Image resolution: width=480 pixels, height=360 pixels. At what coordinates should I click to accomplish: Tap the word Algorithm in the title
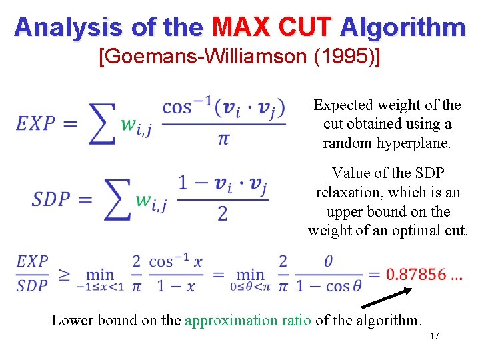point(402,27)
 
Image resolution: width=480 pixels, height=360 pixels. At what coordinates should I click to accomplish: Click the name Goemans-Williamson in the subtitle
point(201,57)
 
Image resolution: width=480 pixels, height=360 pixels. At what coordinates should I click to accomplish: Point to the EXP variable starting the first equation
point(37,123)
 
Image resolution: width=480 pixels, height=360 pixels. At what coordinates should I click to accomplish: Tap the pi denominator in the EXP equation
point(223,139)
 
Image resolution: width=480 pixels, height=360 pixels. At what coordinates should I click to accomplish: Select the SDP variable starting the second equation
point(51,200)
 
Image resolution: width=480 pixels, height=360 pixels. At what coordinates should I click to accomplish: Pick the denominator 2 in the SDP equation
point(223,213)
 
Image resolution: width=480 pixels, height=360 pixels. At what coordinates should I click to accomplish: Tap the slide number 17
point(434,336)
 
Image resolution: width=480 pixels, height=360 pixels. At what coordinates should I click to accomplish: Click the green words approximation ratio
point(247,320)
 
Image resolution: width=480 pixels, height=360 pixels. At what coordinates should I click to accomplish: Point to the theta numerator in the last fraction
point(328,261)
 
